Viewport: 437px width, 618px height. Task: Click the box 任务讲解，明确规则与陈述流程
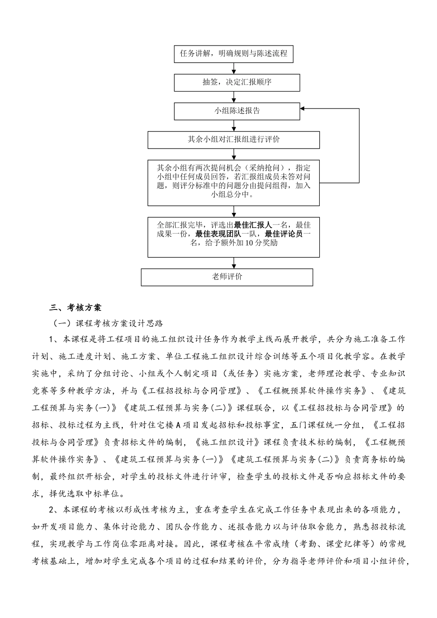click(x=234, y=54)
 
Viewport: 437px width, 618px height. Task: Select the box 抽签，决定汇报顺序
click(x=237, y=82)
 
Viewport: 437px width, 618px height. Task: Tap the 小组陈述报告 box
click(x=237, y=111)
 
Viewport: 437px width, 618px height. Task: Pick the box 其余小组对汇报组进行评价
click(x=234, y=139)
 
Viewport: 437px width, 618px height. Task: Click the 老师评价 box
click(x=227, y=277)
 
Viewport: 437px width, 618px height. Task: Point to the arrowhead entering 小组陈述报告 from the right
click(x=303, y=109)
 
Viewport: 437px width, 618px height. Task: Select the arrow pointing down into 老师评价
click(x=234, y=263)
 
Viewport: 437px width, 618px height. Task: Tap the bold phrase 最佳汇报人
click(x=253, y=225)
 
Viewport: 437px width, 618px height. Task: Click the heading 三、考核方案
click(x=75, y=307)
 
